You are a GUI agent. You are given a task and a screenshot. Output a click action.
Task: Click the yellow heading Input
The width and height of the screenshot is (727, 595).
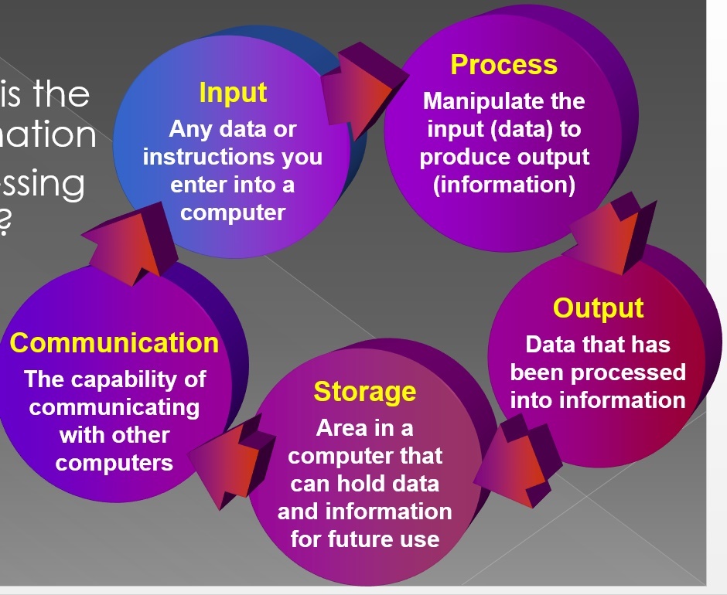pos(233,93)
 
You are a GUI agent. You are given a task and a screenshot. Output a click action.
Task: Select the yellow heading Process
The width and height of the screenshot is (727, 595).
pos(503,65)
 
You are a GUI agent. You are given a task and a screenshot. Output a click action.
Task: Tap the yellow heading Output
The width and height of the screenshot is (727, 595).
pos(598,308)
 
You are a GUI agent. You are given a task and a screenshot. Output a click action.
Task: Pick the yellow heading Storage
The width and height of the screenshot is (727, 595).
pos(364,392)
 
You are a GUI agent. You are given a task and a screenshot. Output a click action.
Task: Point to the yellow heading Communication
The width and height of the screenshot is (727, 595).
pos(114,342)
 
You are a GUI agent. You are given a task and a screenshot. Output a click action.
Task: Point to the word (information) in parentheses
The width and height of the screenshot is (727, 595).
pos(503,185)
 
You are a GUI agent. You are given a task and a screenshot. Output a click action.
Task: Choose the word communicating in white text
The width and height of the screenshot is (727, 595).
pos(114,407)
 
